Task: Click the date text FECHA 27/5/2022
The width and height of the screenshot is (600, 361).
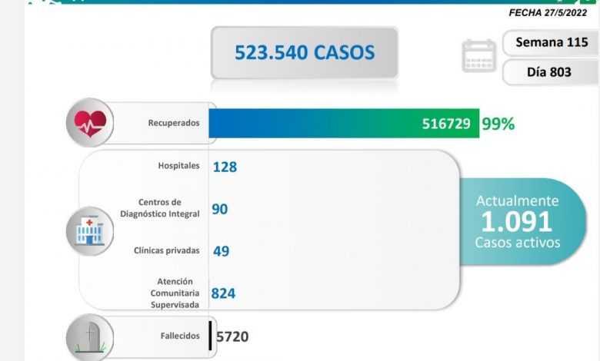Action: (x=552, y=12)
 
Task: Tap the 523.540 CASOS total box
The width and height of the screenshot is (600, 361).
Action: (x=305, y=52)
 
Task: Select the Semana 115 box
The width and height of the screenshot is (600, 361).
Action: (x=552, y=42)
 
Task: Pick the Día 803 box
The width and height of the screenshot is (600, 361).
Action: (x=552, y=71)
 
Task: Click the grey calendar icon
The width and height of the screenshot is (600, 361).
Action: (x=478, y=55)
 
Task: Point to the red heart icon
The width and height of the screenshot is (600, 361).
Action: (x=90, y=122)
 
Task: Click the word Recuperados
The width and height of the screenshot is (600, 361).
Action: (x=174, y=123)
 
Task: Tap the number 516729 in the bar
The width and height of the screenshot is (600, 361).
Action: (x=446, y=123)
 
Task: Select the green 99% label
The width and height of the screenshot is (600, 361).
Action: (x=498, y=123)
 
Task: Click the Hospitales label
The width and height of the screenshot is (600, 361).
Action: (x=178, y=165)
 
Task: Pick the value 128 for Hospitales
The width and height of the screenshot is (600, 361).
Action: (x=225, y=166)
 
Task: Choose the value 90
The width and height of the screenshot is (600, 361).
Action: (x=219, y=209)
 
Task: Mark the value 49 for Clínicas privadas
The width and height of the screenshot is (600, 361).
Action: (x=221, y=251)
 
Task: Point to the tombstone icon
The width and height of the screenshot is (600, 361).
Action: (x=91, y=336)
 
